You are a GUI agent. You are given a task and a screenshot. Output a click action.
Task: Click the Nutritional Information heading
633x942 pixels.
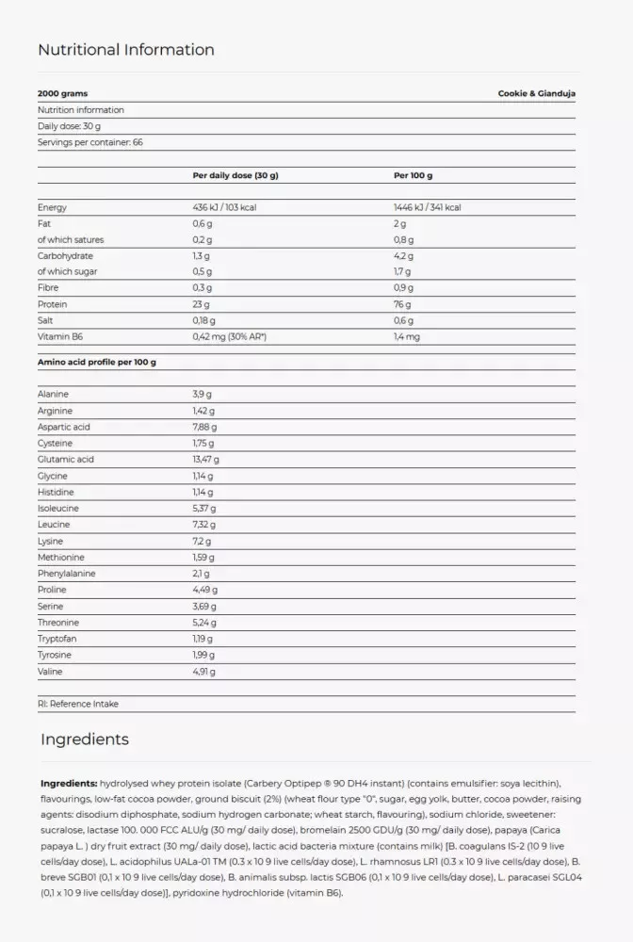126,50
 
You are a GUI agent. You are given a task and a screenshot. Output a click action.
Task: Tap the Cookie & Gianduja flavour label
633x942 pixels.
536,94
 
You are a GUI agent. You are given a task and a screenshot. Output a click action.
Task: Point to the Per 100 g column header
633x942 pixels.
413,175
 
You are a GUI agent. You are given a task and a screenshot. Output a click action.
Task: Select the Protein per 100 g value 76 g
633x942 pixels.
403,304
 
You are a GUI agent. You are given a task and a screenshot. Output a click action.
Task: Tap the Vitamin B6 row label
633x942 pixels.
59,336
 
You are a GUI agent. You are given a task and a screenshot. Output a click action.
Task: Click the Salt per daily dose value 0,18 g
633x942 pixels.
203,320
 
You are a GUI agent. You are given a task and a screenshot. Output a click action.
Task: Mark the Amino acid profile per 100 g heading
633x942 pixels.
96,362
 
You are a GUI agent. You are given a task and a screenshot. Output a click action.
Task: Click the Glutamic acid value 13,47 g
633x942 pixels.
205,460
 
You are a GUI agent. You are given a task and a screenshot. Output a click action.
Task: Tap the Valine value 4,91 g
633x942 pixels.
203,672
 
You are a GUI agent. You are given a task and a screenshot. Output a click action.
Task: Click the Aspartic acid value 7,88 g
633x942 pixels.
204,428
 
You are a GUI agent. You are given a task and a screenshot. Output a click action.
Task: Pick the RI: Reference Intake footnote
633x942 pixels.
78,703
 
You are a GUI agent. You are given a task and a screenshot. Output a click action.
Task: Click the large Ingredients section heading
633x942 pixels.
85,739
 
